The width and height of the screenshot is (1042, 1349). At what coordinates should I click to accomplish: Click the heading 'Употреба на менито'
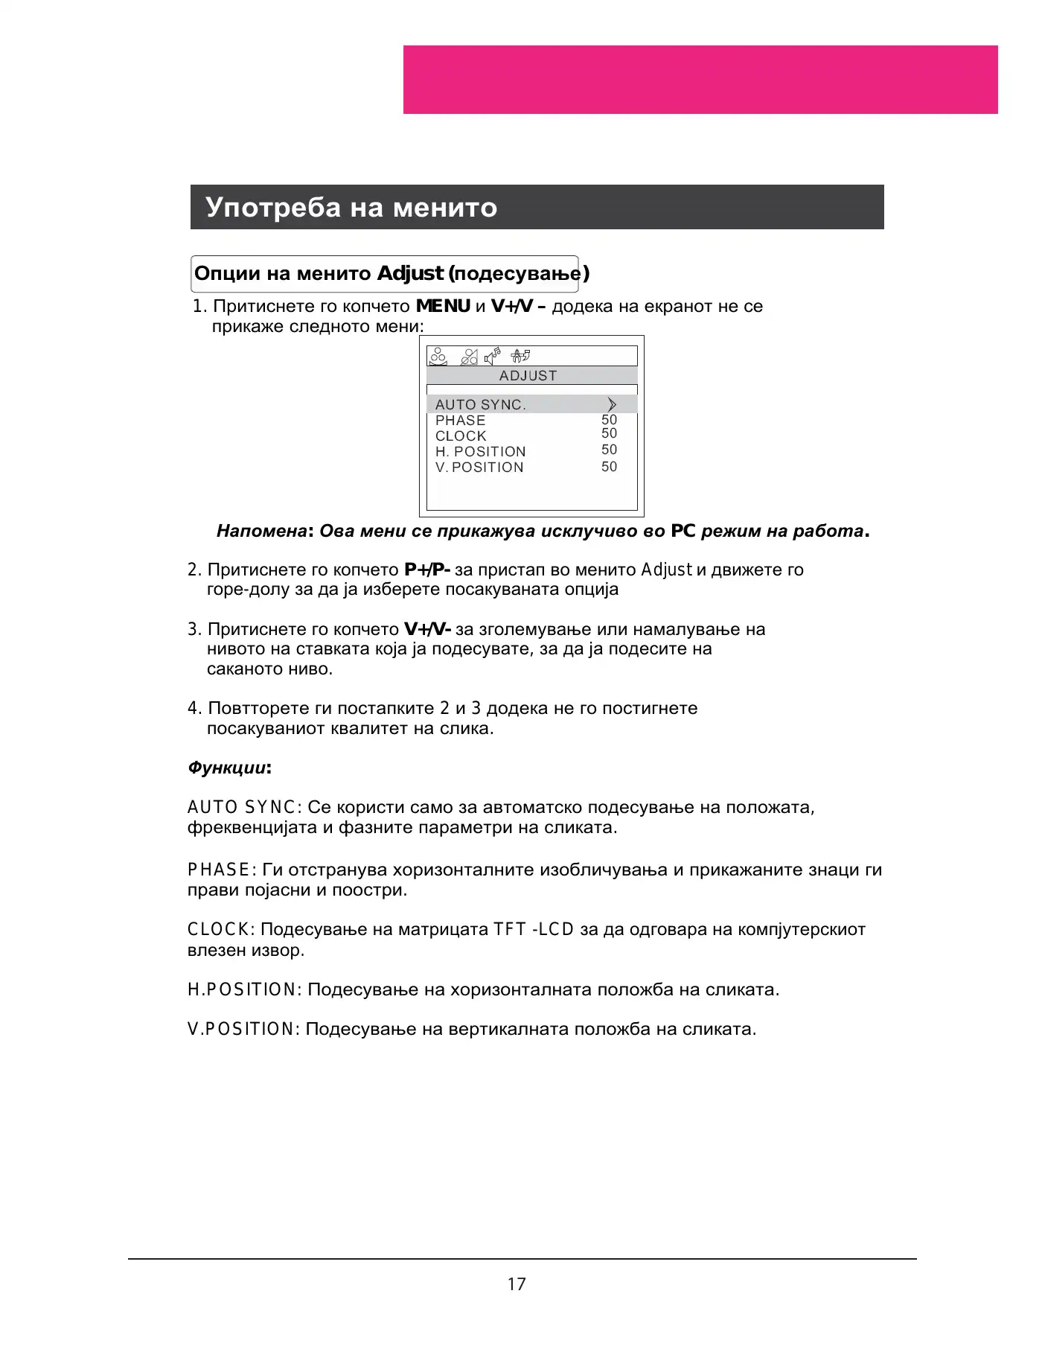point(351,207)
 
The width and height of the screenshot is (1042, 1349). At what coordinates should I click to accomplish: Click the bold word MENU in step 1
point(443,306)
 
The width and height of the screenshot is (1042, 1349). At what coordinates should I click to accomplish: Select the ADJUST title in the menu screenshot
point(528,376)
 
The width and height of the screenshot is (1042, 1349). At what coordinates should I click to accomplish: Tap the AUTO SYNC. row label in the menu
point(480,404)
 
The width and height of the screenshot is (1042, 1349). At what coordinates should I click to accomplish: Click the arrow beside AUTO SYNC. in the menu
point(612,404)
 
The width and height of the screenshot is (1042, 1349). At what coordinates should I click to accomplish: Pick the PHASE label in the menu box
point(460,421)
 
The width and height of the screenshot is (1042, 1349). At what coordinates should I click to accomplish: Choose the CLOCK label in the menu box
point(461,436)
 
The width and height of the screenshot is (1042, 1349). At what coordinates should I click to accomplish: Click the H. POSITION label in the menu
point(480,452)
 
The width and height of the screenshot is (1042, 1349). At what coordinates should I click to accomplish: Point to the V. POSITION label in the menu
point(479,468)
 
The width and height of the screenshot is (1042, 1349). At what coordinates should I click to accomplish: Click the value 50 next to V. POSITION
point(609,467)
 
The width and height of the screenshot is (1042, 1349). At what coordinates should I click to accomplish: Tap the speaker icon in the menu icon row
point(492,357)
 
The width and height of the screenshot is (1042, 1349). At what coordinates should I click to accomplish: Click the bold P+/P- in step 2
point(427,570)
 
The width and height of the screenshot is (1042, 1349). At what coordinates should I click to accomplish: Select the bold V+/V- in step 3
point(427,629)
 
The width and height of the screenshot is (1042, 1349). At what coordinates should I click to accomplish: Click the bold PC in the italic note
point(683,531)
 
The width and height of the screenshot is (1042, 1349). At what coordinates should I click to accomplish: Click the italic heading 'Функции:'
point(229,768)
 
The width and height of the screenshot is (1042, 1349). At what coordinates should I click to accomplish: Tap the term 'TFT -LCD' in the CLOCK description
point(534,930)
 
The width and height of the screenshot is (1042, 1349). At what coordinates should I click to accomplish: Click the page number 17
point(517,1284)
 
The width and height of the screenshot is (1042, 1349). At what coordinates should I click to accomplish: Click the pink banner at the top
point(700,80)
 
